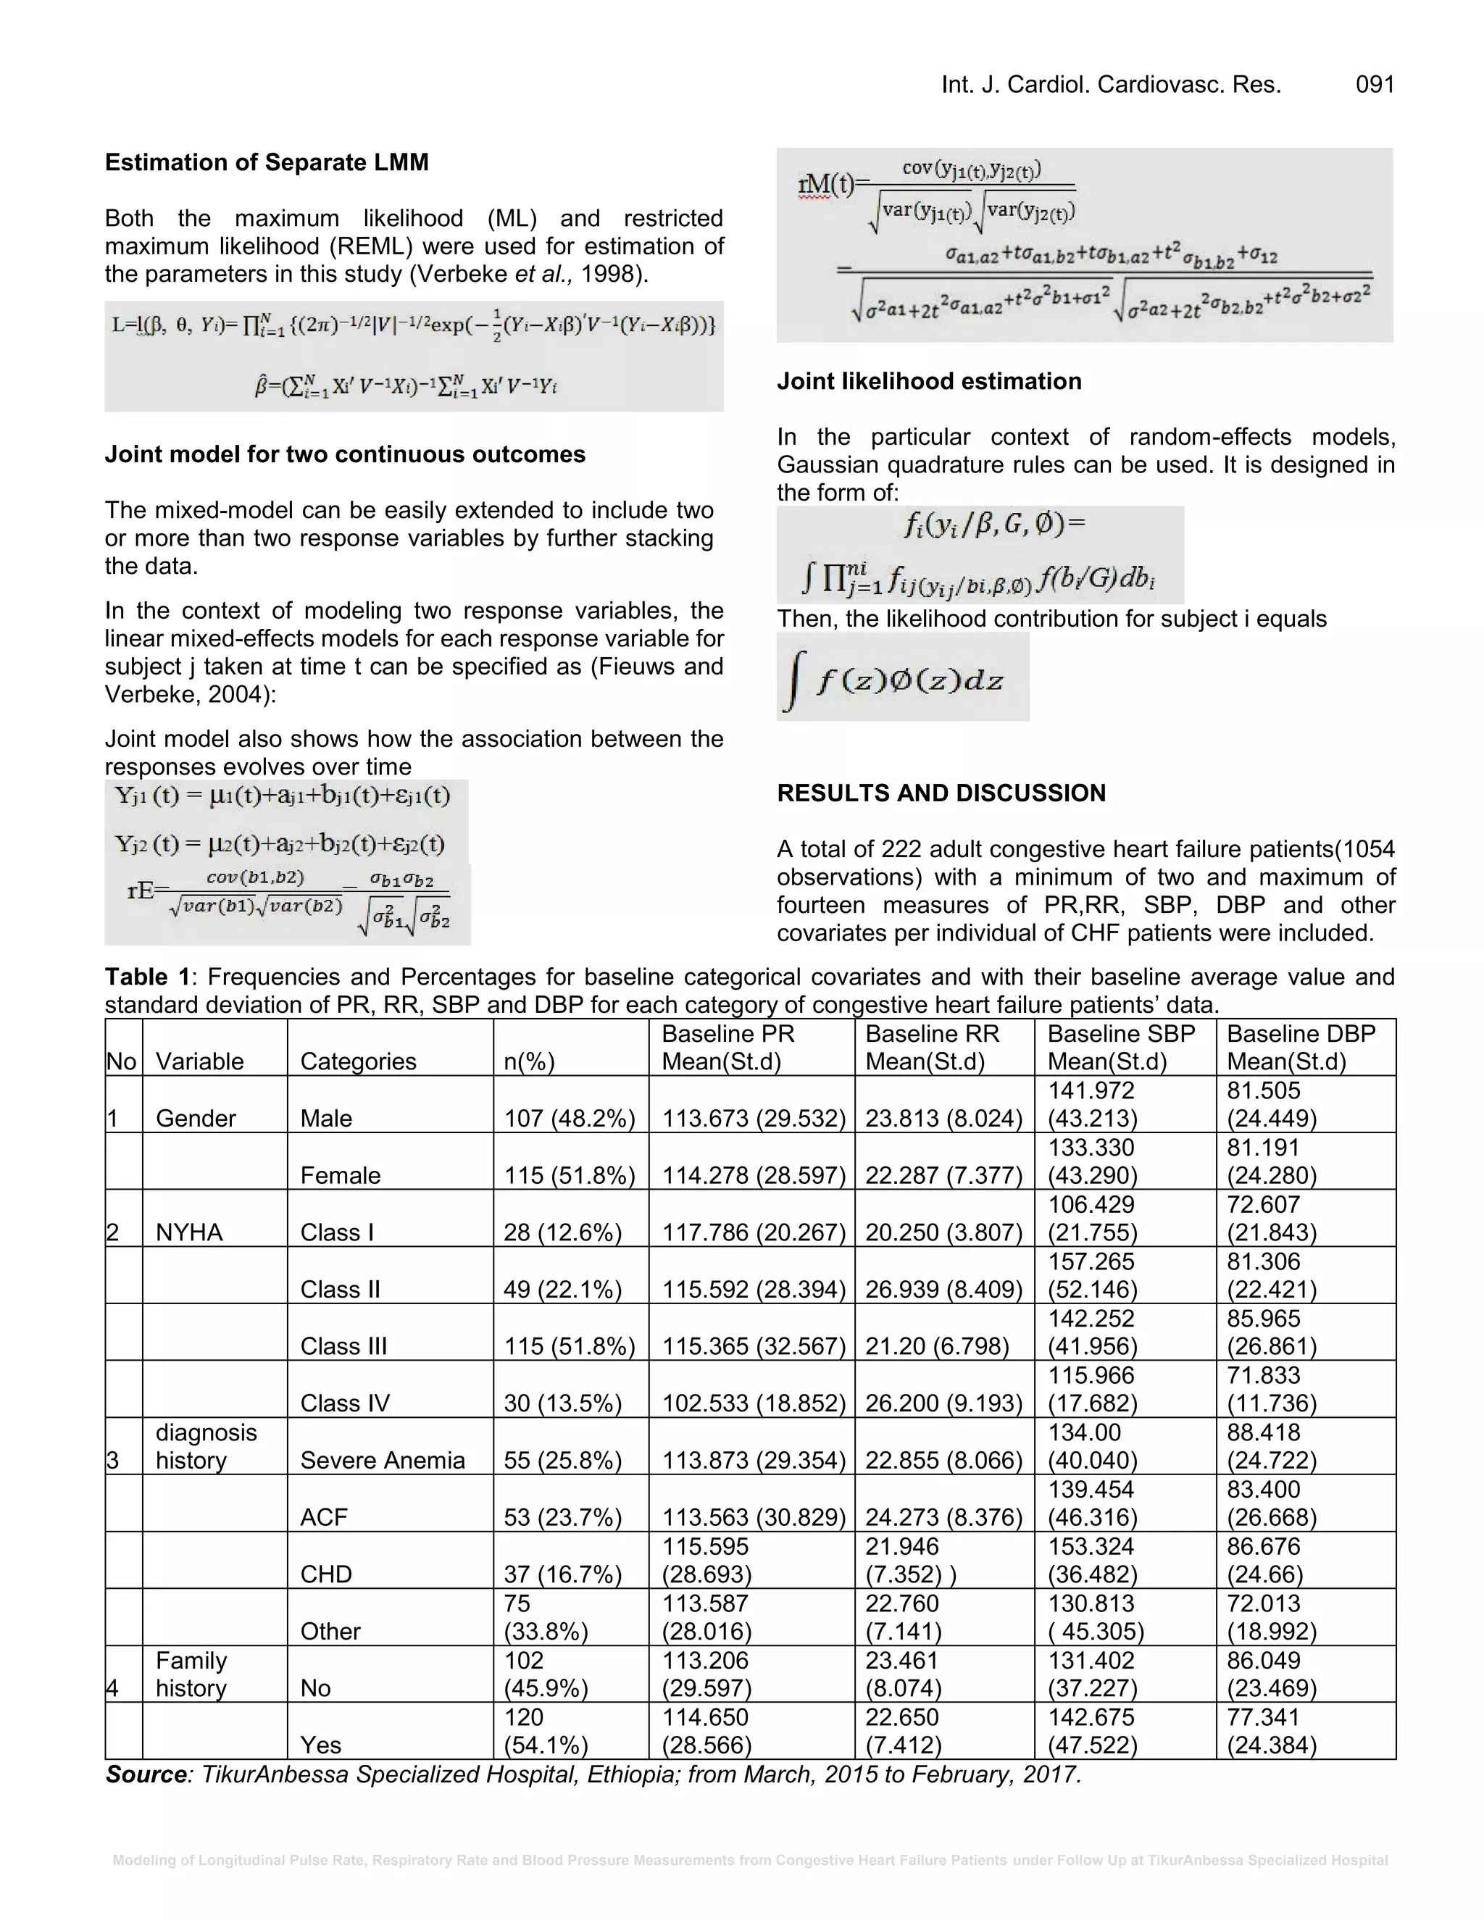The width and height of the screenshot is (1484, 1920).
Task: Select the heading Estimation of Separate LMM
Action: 267,162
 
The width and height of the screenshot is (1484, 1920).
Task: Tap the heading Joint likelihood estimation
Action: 928,382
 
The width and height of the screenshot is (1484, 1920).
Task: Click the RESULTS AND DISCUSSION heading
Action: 941,793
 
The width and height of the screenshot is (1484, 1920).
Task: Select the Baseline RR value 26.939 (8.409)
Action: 943,1290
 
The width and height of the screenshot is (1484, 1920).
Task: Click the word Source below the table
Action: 146,1774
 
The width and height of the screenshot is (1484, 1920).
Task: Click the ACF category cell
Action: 323,1517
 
